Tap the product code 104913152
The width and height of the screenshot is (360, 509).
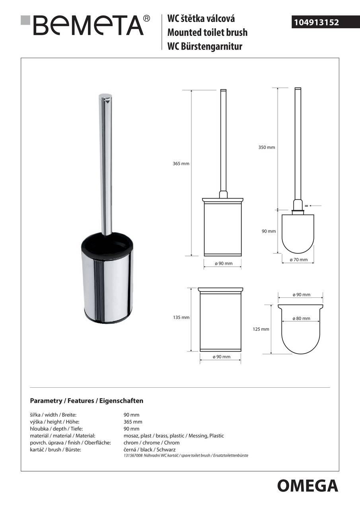pyautogui.click(x=317, y=23)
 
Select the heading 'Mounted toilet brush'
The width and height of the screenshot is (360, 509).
pyautogui.click(x=207, y=32)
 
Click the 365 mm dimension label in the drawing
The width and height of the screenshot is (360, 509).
pyautogui.click(x=181, y=164)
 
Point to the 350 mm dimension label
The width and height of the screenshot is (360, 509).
pyautogui.click(x=267, y=148)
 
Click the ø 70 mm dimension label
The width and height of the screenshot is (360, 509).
pyautogui.click(x=298, y=260)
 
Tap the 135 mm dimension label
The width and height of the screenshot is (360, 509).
pyautogui.click(x=181, y=317)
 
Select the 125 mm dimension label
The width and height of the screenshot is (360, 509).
pyautogui.click(x=261, y=329)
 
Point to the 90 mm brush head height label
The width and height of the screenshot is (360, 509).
pyautogui.click(x=269, y=231)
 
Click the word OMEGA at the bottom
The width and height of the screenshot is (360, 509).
pyautogui.click(x=307, y=486)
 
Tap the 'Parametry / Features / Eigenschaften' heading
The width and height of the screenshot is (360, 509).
pyautogui.click(x=87, y=401)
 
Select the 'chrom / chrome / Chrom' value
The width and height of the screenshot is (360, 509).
pyautogui.click(x=152, y=443)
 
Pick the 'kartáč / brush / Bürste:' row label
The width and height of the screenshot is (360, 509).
pyautogui.click(x=56, y=450)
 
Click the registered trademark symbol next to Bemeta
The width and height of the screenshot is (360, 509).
pyautogui.click(x=147, y=18)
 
